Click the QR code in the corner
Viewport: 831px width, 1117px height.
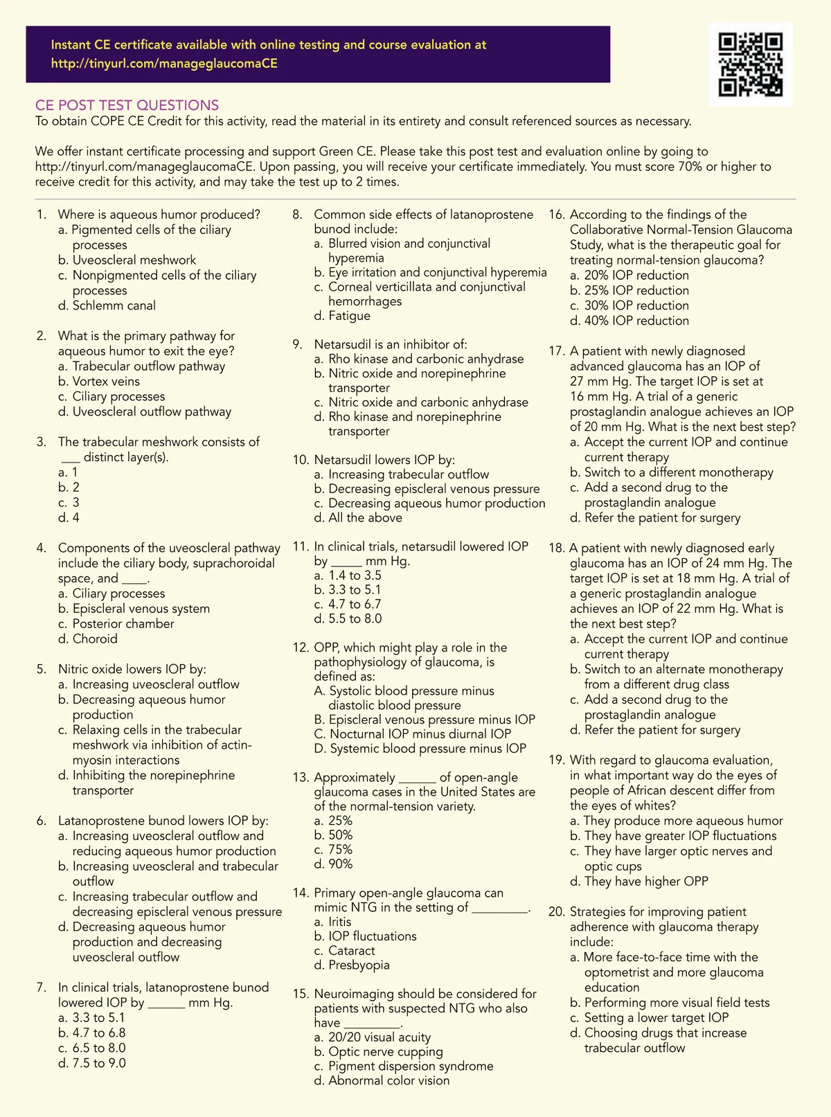(x=751, y=64)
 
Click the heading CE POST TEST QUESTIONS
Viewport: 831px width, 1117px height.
(x=127, y=105)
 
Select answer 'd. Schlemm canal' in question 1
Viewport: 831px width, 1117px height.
(x=107, y=305)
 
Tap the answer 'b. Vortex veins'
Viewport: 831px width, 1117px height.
(x=99, y=382)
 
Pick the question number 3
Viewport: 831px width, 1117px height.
(x=42, y=442)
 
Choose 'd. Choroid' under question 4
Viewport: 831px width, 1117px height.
(x=88, y=639)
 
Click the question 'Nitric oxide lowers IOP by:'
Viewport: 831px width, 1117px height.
(x=132, y=670)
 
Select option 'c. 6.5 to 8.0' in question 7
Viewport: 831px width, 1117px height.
(x=92, y=1048)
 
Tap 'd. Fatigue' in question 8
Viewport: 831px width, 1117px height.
(x=342, y=316)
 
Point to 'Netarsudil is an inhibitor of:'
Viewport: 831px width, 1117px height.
(x=390, y=344)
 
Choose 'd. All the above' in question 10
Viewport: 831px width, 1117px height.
(x=357, y=518)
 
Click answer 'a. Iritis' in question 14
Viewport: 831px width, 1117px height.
(x=332, y=922)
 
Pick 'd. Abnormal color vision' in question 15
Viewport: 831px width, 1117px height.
(x=382, y=1080)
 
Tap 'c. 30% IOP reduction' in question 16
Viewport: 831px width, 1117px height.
(x=629, y=305)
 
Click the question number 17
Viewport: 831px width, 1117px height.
(x=556, y=351)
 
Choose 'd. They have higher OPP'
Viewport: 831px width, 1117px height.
(x=638, y=882)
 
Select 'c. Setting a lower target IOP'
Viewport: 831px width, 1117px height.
(x=649, y=1018)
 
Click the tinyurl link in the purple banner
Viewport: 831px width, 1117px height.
(x=164, y=64)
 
